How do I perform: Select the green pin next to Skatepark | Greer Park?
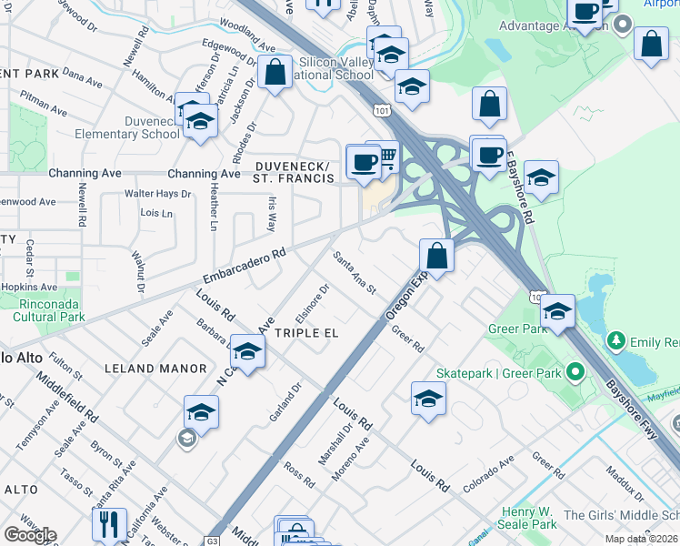575,372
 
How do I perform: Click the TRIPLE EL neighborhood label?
306,333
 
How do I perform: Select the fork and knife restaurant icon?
109,525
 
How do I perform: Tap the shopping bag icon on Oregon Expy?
437,256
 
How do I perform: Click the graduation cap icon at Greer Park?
556,312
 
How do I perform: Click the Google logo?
29,535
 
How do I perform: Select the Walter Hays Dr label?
158,194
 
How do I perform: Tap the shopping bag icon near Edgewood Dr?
275,72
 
